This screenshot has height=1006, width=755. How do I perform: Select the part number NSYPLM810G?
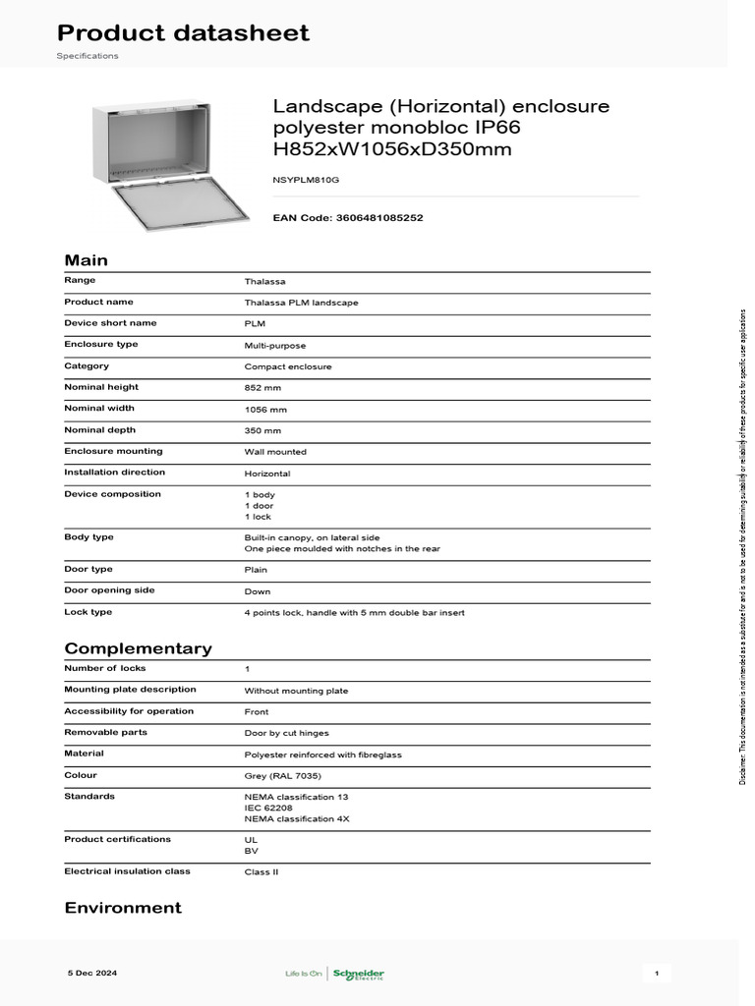point(307,181)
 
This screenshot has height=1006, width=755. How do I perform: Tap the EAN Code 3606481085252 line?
point(348,217)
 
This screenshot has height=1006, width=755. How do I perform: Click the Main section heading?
point(87,260)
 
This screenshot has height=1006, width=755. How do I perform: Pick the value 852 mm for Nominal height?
point(262,388)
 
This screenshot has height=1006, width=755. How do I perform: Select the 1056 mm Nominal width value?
point(265,410)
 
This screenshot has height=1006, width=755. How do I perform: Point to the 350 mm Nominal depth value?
point(262,431)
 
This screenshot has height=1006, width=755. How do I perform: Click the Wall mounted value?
point(275,452)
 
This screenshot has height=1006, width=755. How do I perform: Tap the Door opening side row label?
point(109,590)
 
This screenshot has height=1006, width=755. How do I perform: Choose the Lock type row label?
point(88,612)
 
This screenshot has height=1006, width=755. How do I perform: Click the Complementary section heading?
point(138,648)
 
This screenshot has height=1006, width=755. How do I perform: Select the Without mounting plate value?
point(296,691)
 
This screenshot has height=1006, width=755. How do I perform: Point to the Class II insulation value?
point(261,872)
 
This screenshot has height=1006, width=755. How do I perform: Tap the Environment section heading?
point(123,908)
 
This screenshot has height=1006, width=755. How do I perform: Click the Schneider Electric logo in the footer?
point(358,974)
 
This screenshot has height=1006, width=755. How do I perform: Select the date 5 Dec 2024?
point(91,973)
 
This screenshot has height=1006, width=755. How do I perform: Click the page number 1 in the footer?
point(656,973)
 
